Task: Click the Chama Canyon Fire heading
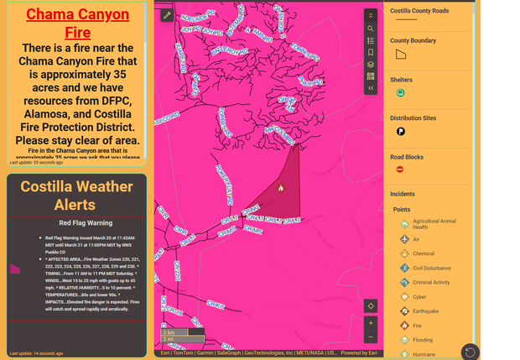pyautogui.click(x=77, y=23)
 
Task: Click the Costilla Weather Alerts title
pyautogui.click(x=77, y=196)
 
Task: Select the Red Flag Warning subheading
pyautogui.click(x=86, y=223)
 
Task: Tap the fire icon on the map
pyautogui.click(x=281, y=188)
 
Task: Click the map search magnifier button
pyautogui.click(x=371, y=29)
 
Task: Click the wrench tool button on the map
pyautogui.click(x=167, y=15)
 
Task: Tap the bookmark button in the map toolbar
pyautogui.click(x=371, y=52)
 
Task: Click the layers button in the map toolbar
pyautogui.click(x=371, y=64)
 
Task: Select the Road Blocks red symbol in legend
pyautogui.click(x=400, y=170)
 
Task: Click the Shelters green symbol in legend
pyautogui.click(x=401, y=93)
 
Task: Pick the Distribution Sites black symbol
pyautogui.click(x=401, y=132)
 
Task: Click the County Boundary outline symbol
pyautogui.click(x=401, y=55)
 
